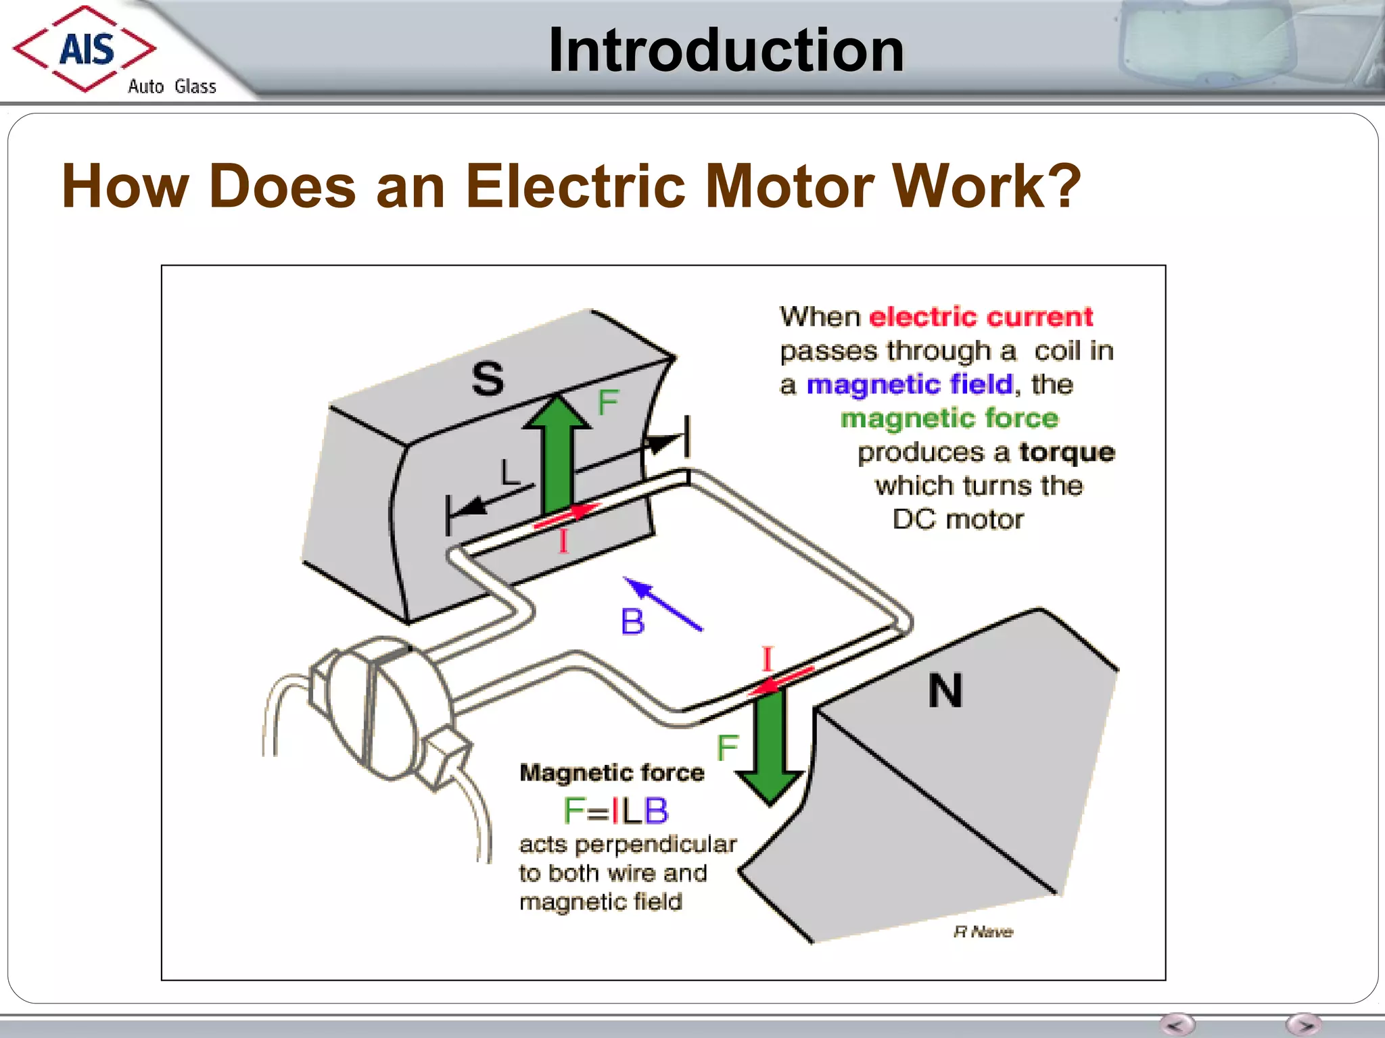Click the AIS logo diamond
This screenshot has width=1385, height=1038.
click(85, 49)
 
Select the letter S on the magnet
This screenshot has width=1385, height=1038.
click(488, 378)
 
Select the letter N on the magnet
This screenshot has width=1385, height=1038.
click(945, 691)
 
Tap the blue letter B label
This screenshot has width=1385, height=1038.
click(632, 622)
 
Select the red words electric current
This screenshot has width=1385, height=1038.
click(981, 317)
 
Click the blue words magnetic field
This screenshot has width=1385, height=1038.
click(910, 385)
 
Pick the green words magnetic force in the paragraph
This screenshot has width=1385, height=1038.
click(949, 418)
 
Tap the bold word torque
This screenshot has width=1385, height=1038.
click(1066, 452)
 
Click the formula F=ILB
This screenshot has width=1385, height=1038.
click(615, 810)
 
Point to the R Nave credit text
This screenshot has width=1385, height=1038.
click(983, 932)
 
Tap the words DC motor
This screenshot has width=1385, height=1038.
click(958, 520)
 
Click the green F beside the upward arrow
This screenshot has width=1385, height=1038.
click(608, 403)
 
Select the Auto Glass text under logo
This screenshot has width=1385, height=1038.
click(172, 86)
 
